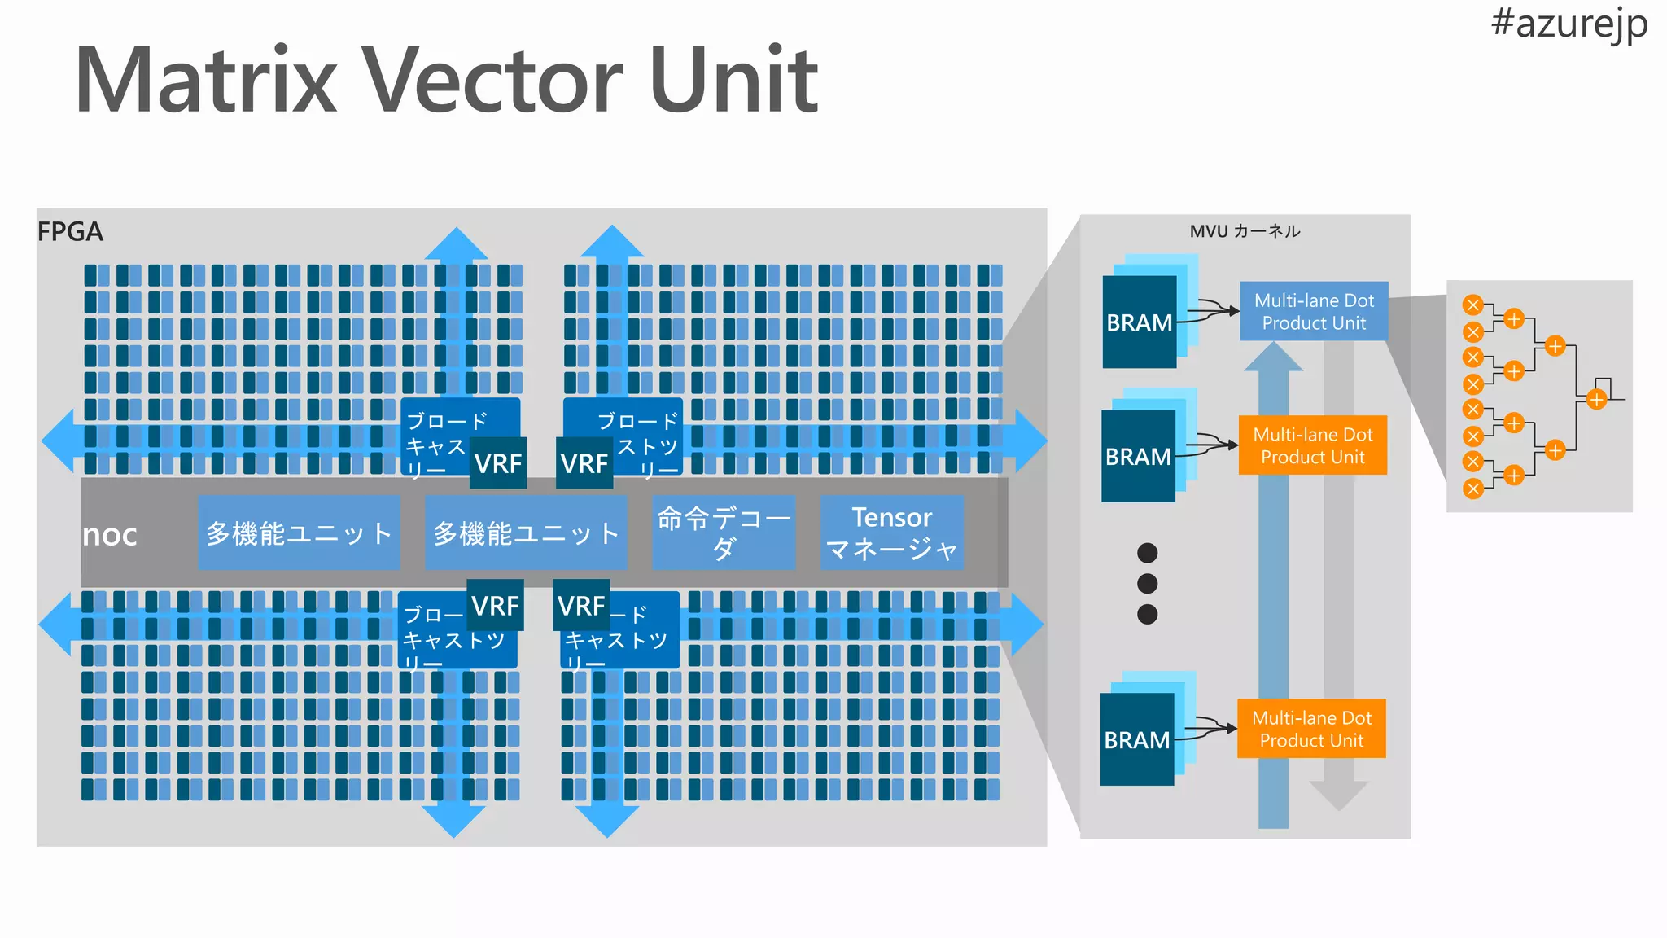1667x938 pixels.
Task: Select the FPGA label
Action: coord(70,232)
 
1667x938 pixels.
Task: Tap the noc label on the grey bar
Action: coord(110,535)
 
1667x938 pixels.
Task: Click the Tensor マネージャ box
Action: coord(891,533)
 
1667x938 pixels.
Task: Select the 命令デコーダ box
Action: coord(723,533)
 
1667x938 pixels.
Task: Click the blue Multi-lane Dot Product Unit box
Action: coord(1313,312)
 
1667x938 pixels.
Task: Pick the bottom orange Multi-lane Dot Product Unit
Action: coord(1310,729)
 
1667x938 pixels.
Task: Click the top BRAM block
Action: coord(1139,322)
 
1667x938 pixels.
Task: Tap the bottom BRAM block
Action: coord(1136,739)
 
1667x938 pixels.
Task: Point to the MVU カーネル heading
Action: coord(1245,231)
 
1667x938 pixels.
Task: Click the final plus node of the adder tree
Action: coord(1596,400)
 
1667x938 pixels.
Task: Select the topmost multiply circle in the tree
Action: coord(1472,305)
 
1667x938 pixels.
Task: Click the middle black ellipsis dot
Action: coord(1147,583)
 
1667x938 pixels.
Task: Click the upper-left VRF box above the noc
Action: coord(498,463)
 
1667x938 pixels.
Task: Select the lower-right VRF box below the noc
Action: coord(581,606)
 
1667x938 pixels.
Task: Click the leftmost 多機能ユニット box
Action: coord(299,533)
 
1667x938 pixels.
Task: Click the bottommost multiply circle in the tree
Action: coord(1472,489)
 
